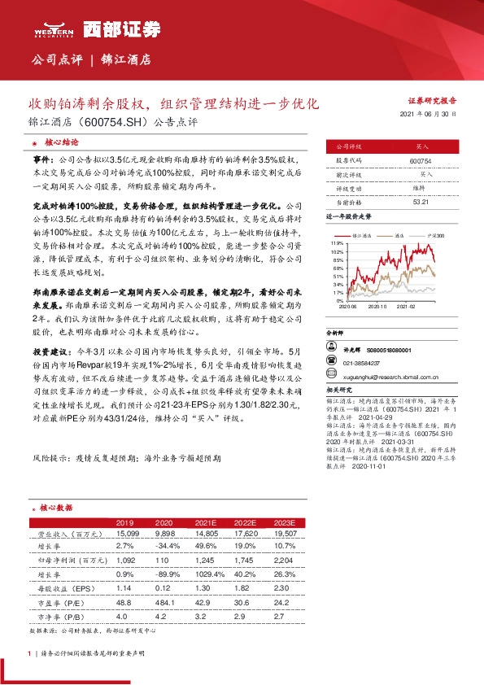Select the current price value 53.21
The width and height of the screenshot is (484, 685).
pos(421,201)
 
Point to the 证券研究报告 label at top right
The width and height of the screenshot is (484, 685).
pos(431,100)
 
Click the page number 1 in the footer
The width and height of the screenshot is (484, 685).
pos(30,652)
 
